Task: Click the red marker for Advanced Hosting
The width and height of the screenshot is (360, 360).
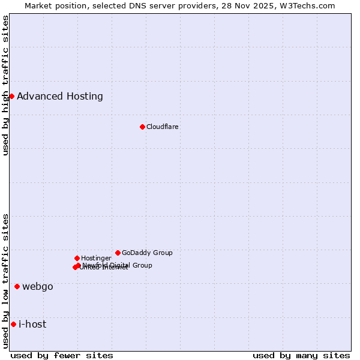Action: click(11, 96)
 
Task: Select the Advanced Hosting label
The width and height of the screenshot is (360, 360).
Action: click(60, 97)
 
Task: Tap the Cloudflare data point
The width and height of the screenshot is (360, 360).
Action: click(142, 127)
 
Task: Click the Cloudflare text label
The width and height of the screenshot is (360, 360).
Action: click(163, 127)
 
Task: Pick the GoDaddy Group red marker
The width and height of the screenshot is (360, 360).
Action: click(118, 253)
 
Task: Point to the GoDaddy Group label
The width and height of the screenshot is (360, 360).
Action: click(147, 253)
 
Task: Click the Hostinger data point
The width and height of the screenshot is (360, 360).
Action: click(77, 258)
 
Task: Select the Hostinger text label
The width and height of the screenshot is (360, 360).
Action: click(96, 258)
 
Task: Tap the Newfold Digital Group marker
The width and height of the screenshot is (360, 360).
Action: click(78, 265)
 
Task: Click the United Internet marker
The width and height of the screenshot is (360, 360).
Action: click(75, 267)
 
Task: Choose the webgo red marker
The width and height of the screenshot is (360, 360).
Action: click(17, 286)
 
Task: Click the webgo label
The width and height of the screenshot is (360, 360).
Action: click(38, 287)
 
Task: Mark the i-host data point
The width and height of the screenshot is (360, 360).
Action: click(13, 324)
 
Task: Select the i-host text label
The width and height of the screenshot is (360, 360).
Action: click(32, 325)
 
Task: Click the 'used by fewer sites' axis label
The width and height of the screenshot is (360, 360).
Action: click(62, 355)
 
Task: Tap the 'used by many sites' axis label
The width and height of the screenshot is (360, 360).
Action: click(301, 355)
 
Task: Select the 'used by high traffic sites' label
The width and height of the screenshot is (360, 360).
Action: click(5, 85)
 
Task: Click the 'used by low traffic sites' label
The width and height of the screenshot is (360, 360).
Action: click(5, 281)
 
